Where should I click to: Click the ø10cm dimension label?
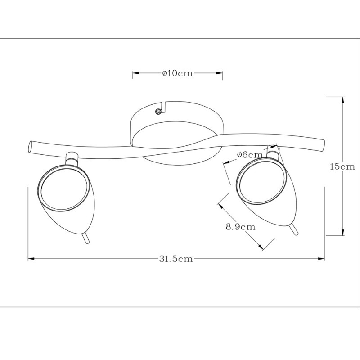[177, 73]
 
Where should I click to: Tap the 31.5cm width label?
[176, 259]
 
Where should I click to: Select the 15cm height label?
[342, 166]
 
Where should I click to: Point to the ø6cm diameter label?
[250, 155]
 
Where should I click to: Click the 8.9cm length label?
[241, 227]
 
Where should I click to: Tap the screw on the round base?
[158, 112]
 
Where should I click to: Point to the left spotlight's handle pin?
[85, 238]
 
